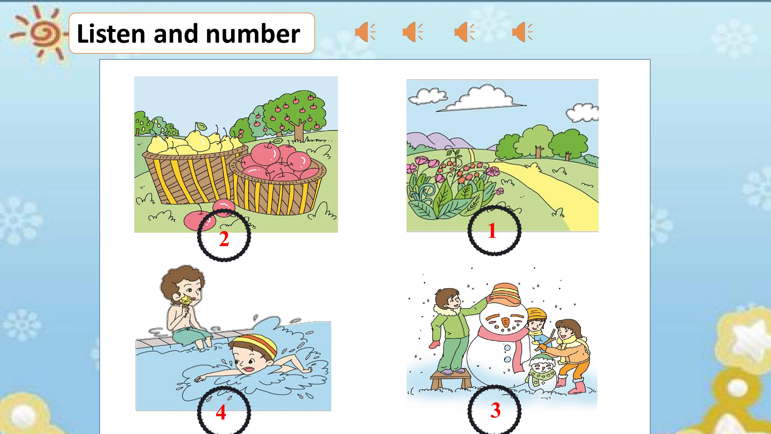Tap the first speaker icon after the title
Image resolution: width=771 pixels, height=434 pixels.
[x=365, y=32]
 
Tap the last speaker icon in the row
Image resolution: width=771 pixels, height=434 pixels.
[x=522, y=32]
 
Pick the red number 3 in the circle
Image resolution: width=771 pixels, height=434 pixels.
[x=495, y=410]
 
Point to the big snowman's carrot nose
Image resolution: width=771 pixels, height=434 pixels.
[x=506, y=323]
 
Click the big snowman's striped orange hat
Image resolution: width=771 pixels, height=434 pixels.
[x=505, y=294]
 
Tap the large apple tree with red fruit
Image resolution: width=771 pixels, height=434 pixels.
[x=295, y=115]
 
